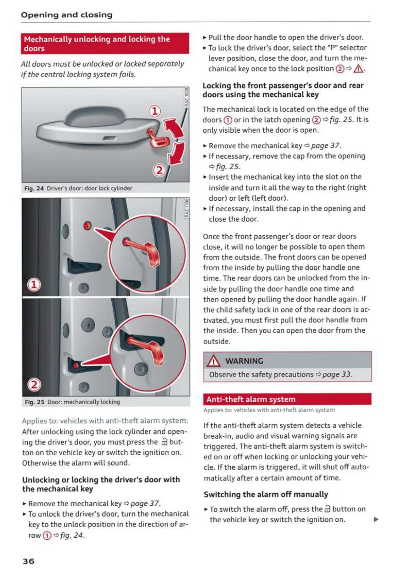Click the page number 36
click(x=28, y=561)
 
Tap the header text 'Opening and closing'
click(x=66, y=15)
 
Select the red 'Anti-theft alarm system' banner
click(x=287, y=399)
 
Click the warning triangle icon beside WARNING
click(x=214, y=361)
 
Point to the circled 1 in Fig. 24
click(x=154, y=111)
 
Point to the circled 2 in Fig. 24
click(x=159, y=170)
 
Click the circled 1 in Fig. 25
click(x=34, y=285)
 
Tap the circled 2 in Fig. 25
click(x=34, y=384)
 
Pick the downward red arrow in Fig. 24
click(x=177, y=153)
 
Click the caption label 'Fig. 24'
click(x=34, y=188)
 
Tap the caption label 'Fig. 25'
click(x=35, y=402)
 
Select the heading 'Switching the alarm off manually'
click(x=266, y=494)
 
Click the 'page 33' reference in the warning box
click(x=336, y=374)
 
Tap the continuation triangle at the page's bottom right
click(x=376, y=519)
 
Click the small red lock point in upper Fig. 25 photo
click(x=87, y=225)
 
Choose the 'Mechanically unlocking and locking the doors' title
click(x=97, y=43)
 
